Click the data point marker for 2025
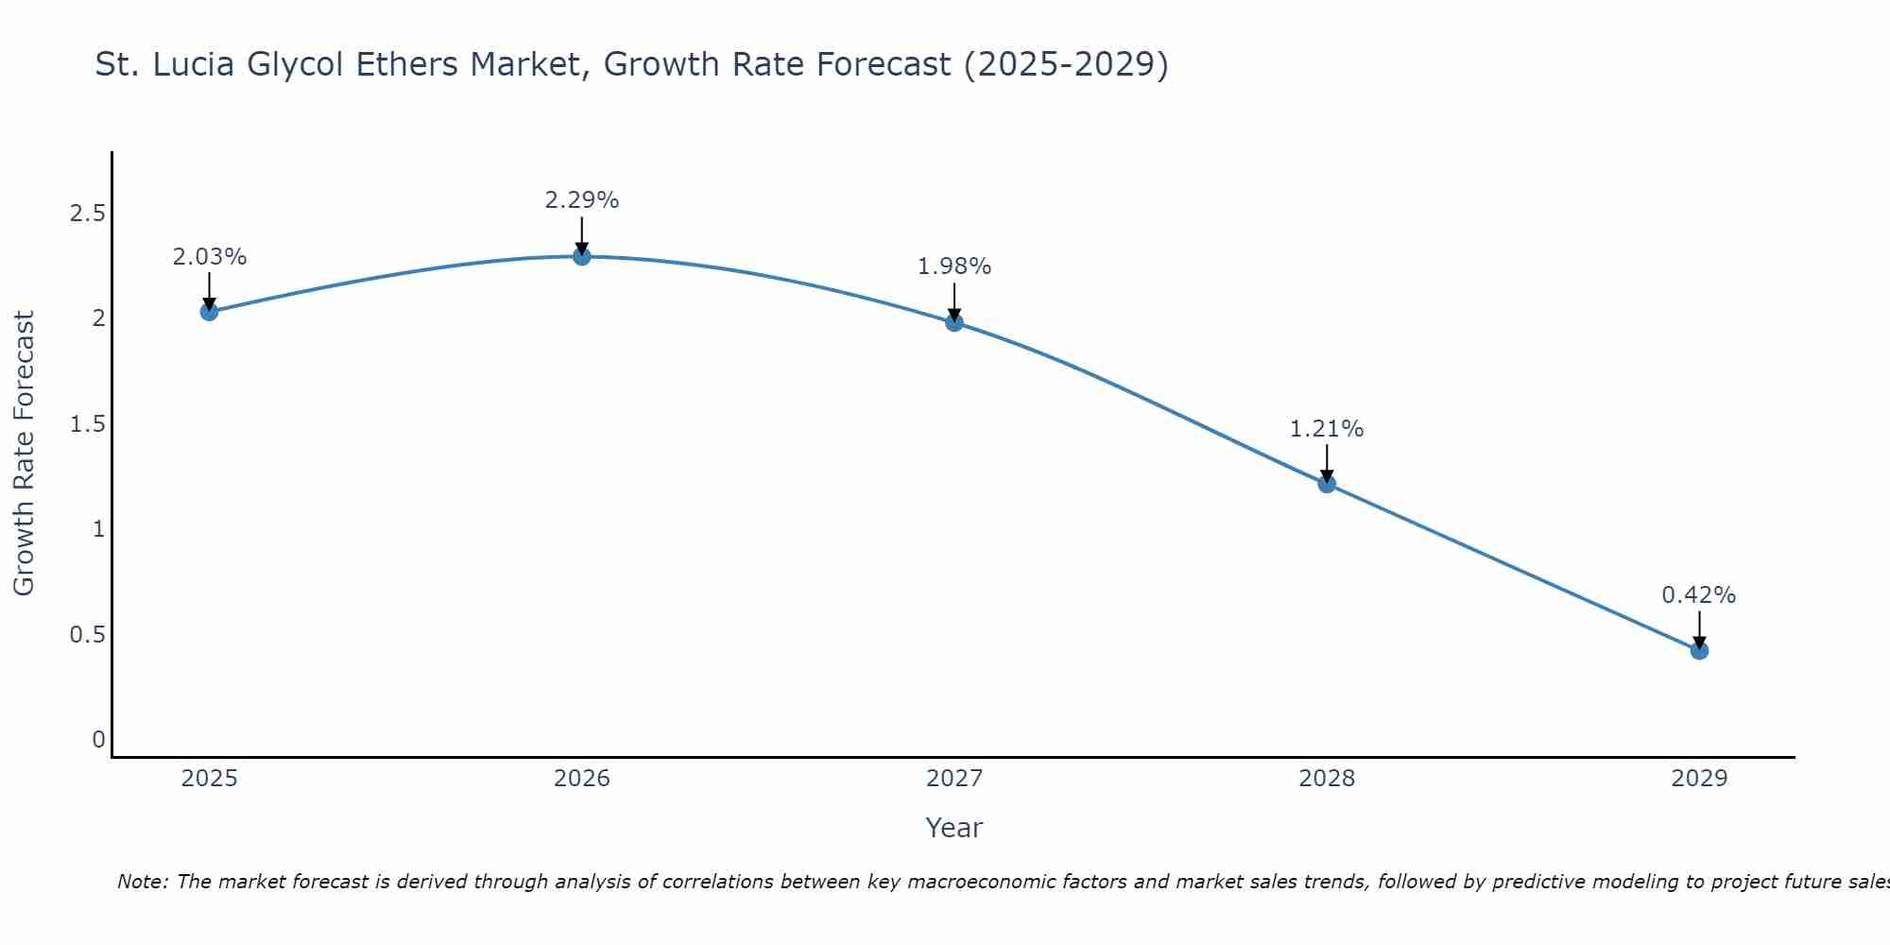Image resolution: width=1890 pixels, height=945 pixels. click(210, 312)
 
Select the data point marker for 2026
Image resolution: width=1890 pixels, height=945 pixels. click(582, 256)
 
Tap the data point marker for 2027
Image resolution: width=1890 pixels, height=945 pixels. click(954, 322)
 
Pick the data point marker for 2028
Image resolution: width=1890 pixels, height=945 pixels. click(1327, 484)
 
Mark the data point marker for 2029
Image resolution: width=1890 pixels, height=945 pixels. click(1699, 650)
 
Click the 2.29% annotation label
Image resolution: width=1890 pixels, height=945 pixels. click(582, 200)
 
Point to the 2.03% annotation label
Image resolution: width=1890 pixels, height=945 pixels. click(210, 257)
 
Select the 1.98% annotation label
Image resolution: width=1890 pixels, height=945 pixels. click(954, 266)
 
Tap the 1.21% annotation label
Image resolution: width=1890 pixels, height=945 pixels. click(1327, 429)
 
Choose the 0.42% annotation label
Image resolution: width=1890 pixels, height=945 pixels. click(1699, 595)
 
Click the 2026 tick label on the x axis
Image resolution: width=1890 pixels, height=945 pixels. click(582, 779)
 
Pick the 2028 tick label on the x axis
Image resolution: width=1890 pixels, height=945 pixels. click(1327, 779)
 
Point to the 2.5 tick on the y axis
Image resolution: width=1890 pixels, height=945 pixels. click(87, 214)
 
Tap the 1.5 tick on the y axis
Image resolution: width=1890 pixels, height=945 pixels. click(87, 424)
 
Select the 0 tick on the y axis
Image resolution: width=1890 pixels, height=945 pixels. click(98, 740)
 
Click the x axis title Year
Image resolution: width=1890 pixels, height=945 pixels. click(954, 828)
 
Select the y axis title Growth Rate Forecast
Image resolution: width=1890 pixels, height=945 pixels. click(25, 454)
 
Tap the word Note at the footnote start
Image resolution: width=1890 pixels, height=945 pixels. click(142, 882)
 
